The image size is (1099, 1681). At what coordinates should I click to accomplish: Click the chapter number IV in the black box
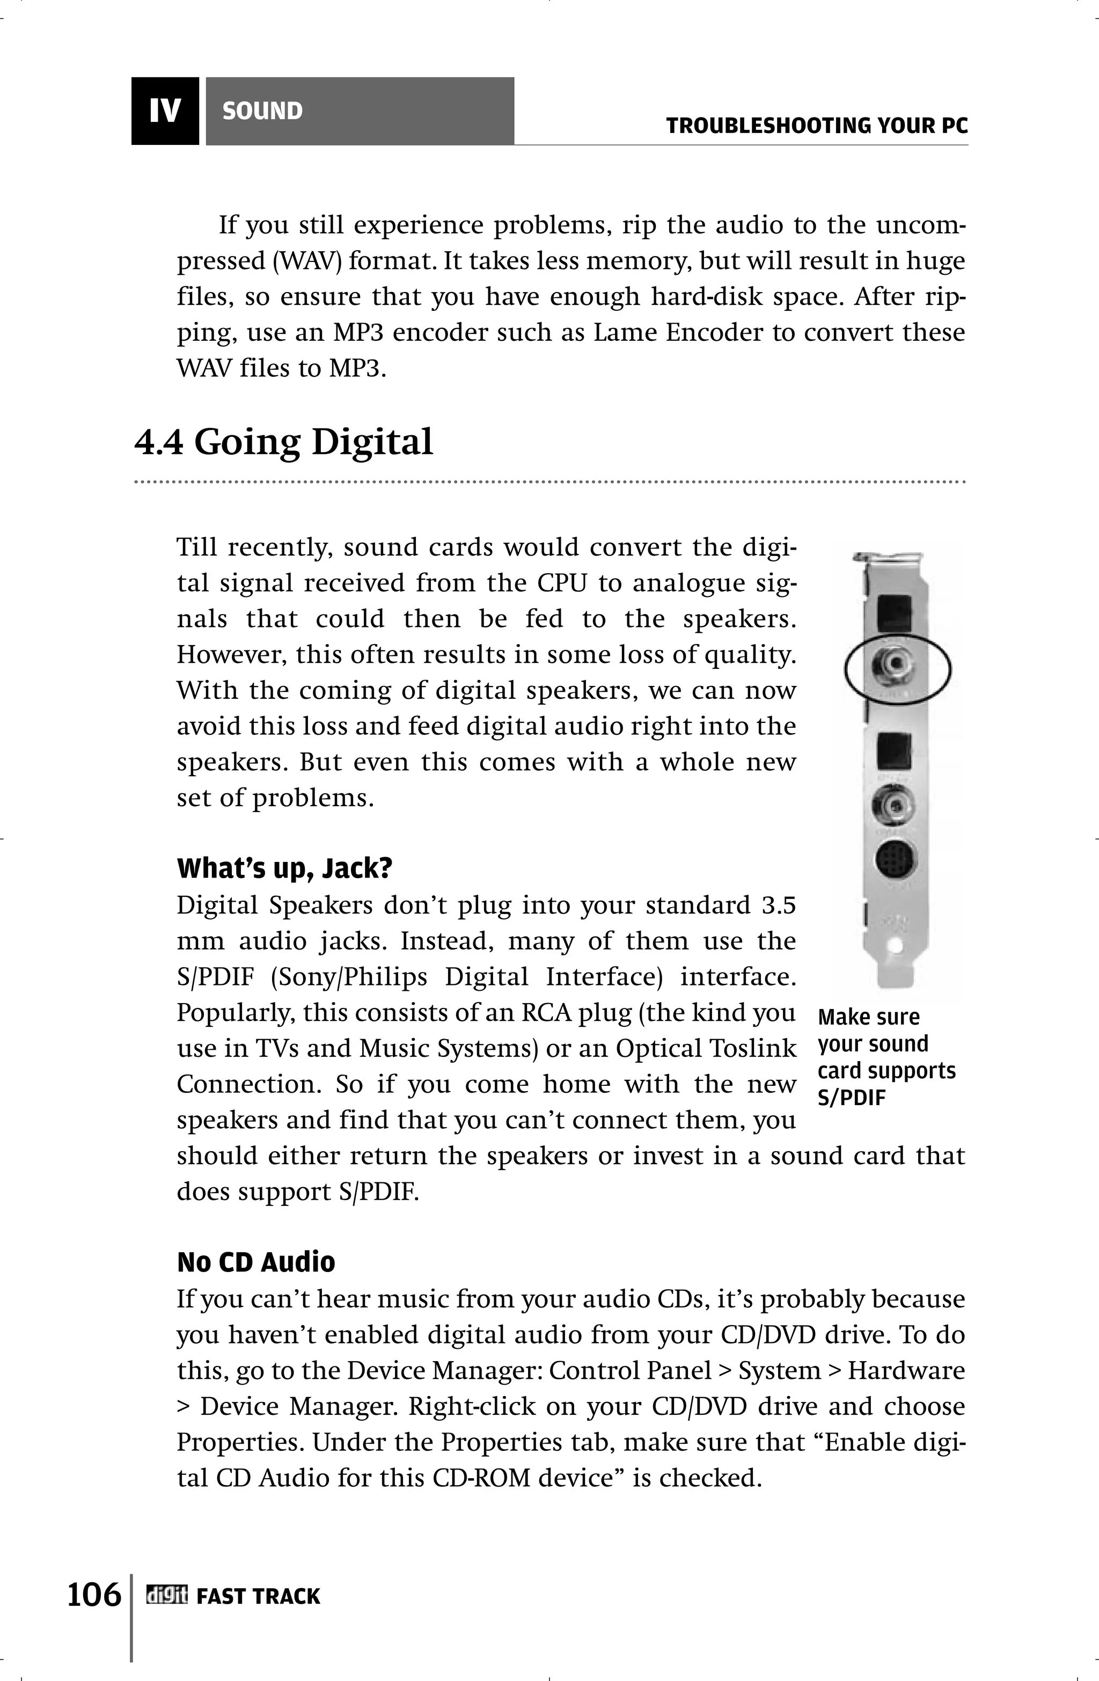[165, 111]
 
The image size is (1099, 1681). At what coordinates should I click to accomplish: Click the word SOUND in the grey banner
[262, 111]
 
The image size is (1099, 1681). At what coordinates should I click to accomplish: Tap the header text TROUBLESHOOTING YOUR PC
[817, 127]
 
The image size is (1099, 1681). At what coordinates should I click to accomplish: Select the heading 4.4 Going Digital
[283, 443]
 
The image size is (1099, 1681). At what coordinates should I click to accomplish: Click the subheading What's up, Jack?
[284, 868]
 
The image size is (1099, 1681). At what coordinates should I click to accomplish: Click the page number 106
[94, 1594]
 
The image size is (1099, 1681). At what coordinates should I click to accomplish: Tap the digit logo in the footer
[167, 1596]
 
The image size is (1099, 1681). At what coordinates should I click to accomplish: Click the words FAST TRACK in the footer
[258, 1596]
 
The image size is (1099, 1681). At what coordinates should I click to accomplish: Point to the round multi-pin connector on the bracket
[896, 861]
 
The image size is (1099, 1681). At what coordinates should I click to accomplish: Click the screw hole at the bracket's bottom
[896, 946]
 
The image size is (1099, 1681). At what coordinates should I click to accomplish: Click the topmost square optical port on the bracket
[893, 613]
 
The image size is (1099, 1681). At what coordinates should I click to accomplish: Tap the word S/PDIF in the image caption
[851, 1098]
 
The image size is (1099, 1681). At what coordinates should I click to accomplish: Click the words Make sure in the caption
[869, 1017]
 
